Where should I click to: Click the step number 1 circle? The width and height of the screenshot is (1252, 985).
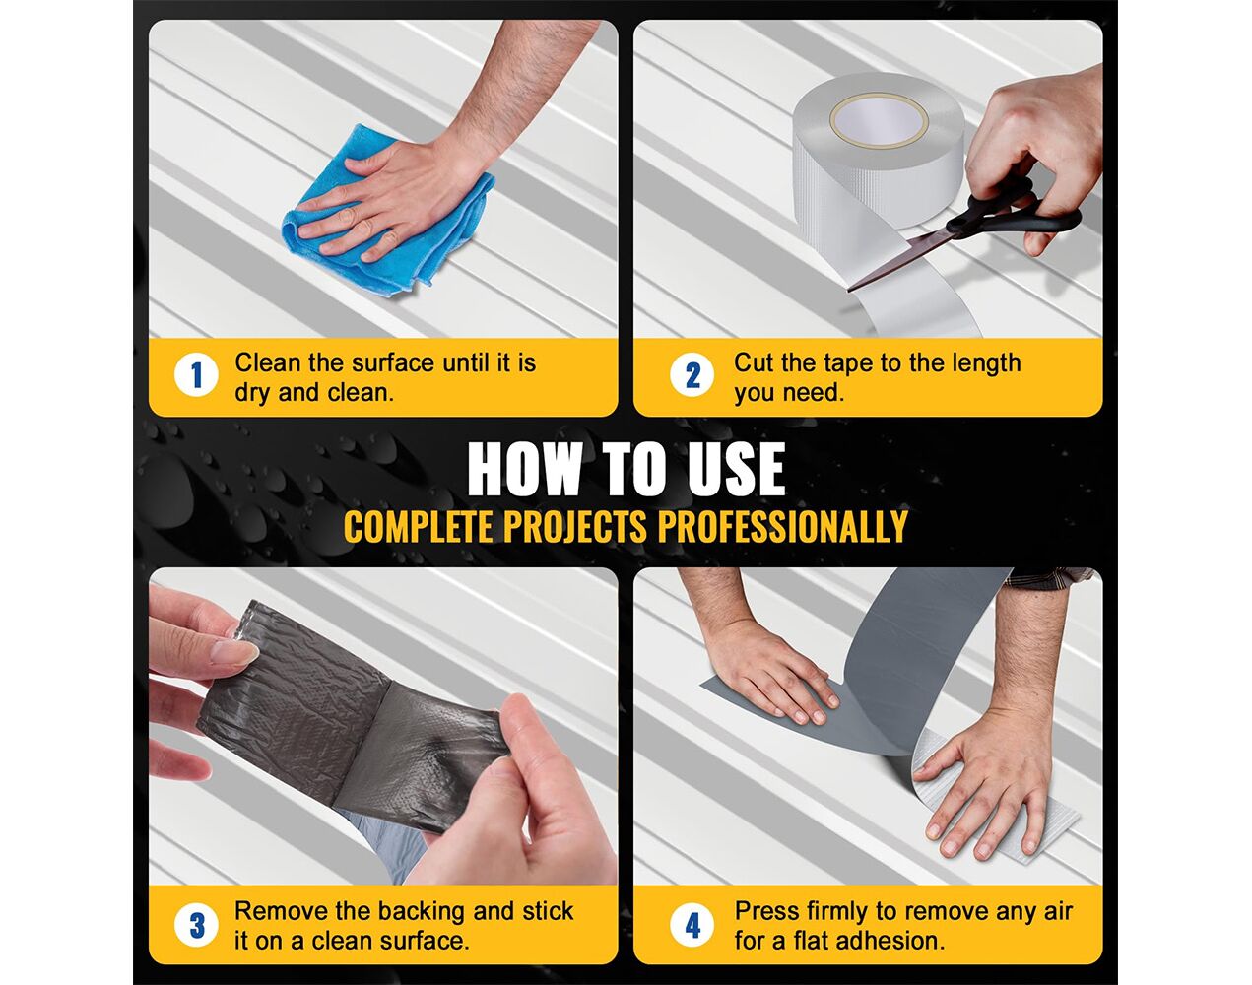tap(196, 375)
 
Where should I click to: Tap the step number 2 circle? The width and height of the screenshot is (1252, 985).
tap(692, 375)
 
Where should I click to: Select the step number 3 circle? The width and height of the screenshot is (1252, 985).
tap(197, 925)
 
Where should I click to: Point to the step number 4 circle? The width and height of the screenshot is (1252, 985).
tap(692, 925)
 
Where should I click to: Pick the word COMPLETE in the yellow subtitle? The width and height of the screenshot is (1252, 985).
tap(419, 526)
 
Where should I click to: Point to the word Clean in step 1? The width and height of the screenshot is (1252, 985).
tap(268, 362)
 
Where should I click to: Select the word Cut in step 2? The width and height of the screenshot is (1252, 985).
tap(754, 362)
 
